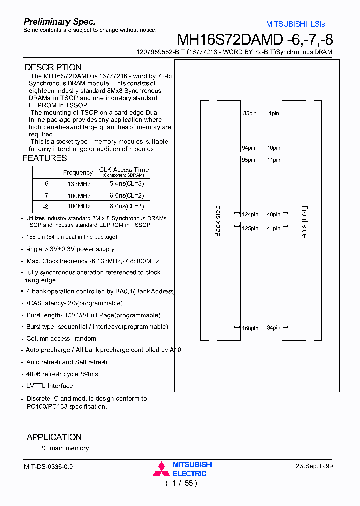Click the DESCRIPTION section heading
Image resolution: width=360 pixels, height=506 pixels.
53,67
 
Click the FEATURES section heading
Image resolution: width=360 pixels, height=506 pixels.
45,158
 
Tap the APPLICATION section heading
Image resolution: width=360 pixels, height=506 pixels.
54,437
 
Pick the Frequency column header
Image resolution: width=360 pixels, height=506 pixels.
78,172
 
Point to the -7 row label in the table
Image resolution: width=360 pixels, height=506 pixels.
46,195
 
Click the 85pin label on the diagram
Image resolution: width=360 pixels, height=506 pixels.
249,114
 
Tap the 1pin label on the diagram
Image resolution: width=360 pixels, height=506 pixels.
274,114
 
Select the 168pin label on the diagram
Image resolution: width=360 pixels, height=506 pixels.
250,328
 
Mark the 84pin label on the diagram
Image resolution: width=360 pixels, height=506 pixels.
273,328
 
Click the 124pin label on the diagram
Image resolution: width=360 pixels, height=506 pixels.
250,214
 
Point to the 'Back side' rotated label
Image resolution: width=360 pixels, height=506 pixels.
218,221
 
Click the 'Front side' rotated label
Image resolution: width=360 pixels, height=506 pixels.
305,221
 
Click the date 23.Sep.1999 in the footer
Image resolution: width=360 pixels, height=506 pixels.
314,466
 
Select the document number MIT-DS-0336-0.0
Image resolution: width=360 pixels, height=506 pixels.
48,466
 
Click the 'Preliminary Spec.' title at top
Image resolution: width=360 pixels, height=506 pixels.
60,22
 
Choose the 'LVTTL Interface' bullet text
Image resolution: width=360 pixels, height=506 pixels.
49,386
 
